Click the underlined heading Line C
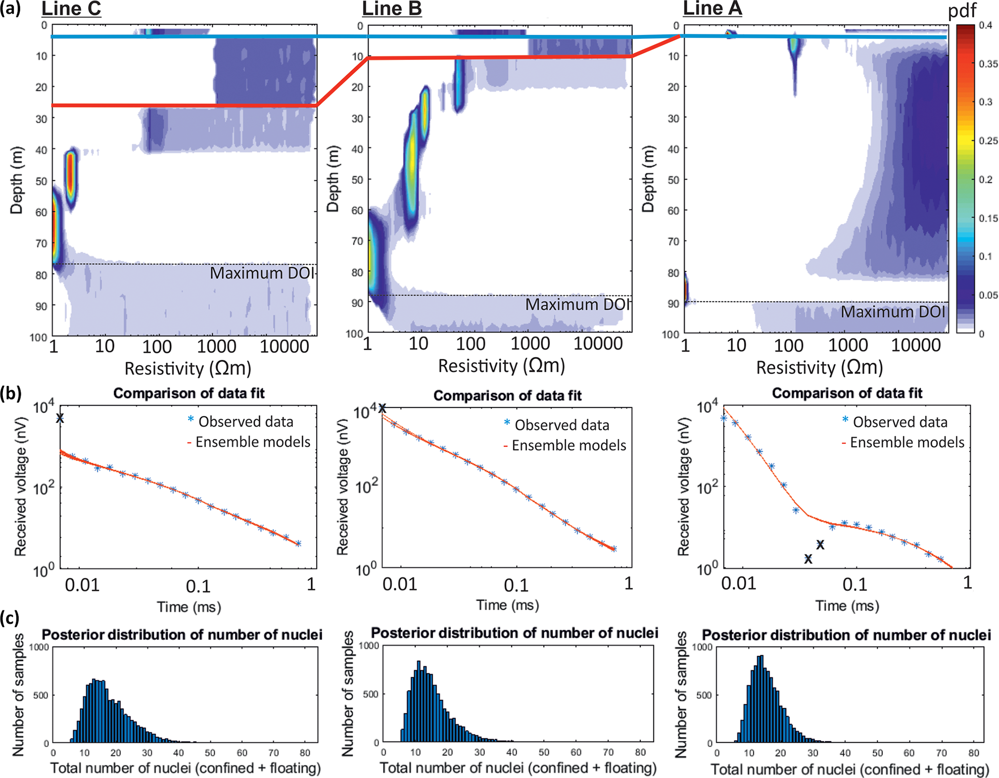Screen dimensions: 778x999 71,9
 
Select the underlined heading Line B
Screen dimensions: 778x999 391,9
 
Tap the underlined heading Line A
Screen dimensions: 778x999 712,9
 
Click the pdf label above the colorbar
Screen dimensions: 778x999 962,11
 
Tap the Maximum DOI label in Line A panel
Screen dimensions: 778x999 893,312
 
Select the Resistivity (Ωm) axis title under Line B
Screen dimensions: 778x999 501,366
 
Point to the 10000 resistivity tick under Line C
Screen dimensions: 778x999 284,347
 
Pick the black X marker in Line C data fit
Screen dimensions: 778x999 60,418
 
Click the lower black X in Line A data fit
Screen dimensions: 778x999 808,559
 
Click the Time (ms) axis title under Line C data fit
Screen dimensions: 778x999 189,606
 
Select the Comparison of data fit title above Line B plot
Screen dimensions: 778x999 507,396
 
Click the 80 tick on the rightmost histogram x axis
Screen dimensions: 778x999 973,753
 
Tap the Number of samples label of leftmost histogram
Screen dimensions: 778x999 18,695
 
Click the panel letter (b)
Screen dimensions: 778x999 11,394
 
